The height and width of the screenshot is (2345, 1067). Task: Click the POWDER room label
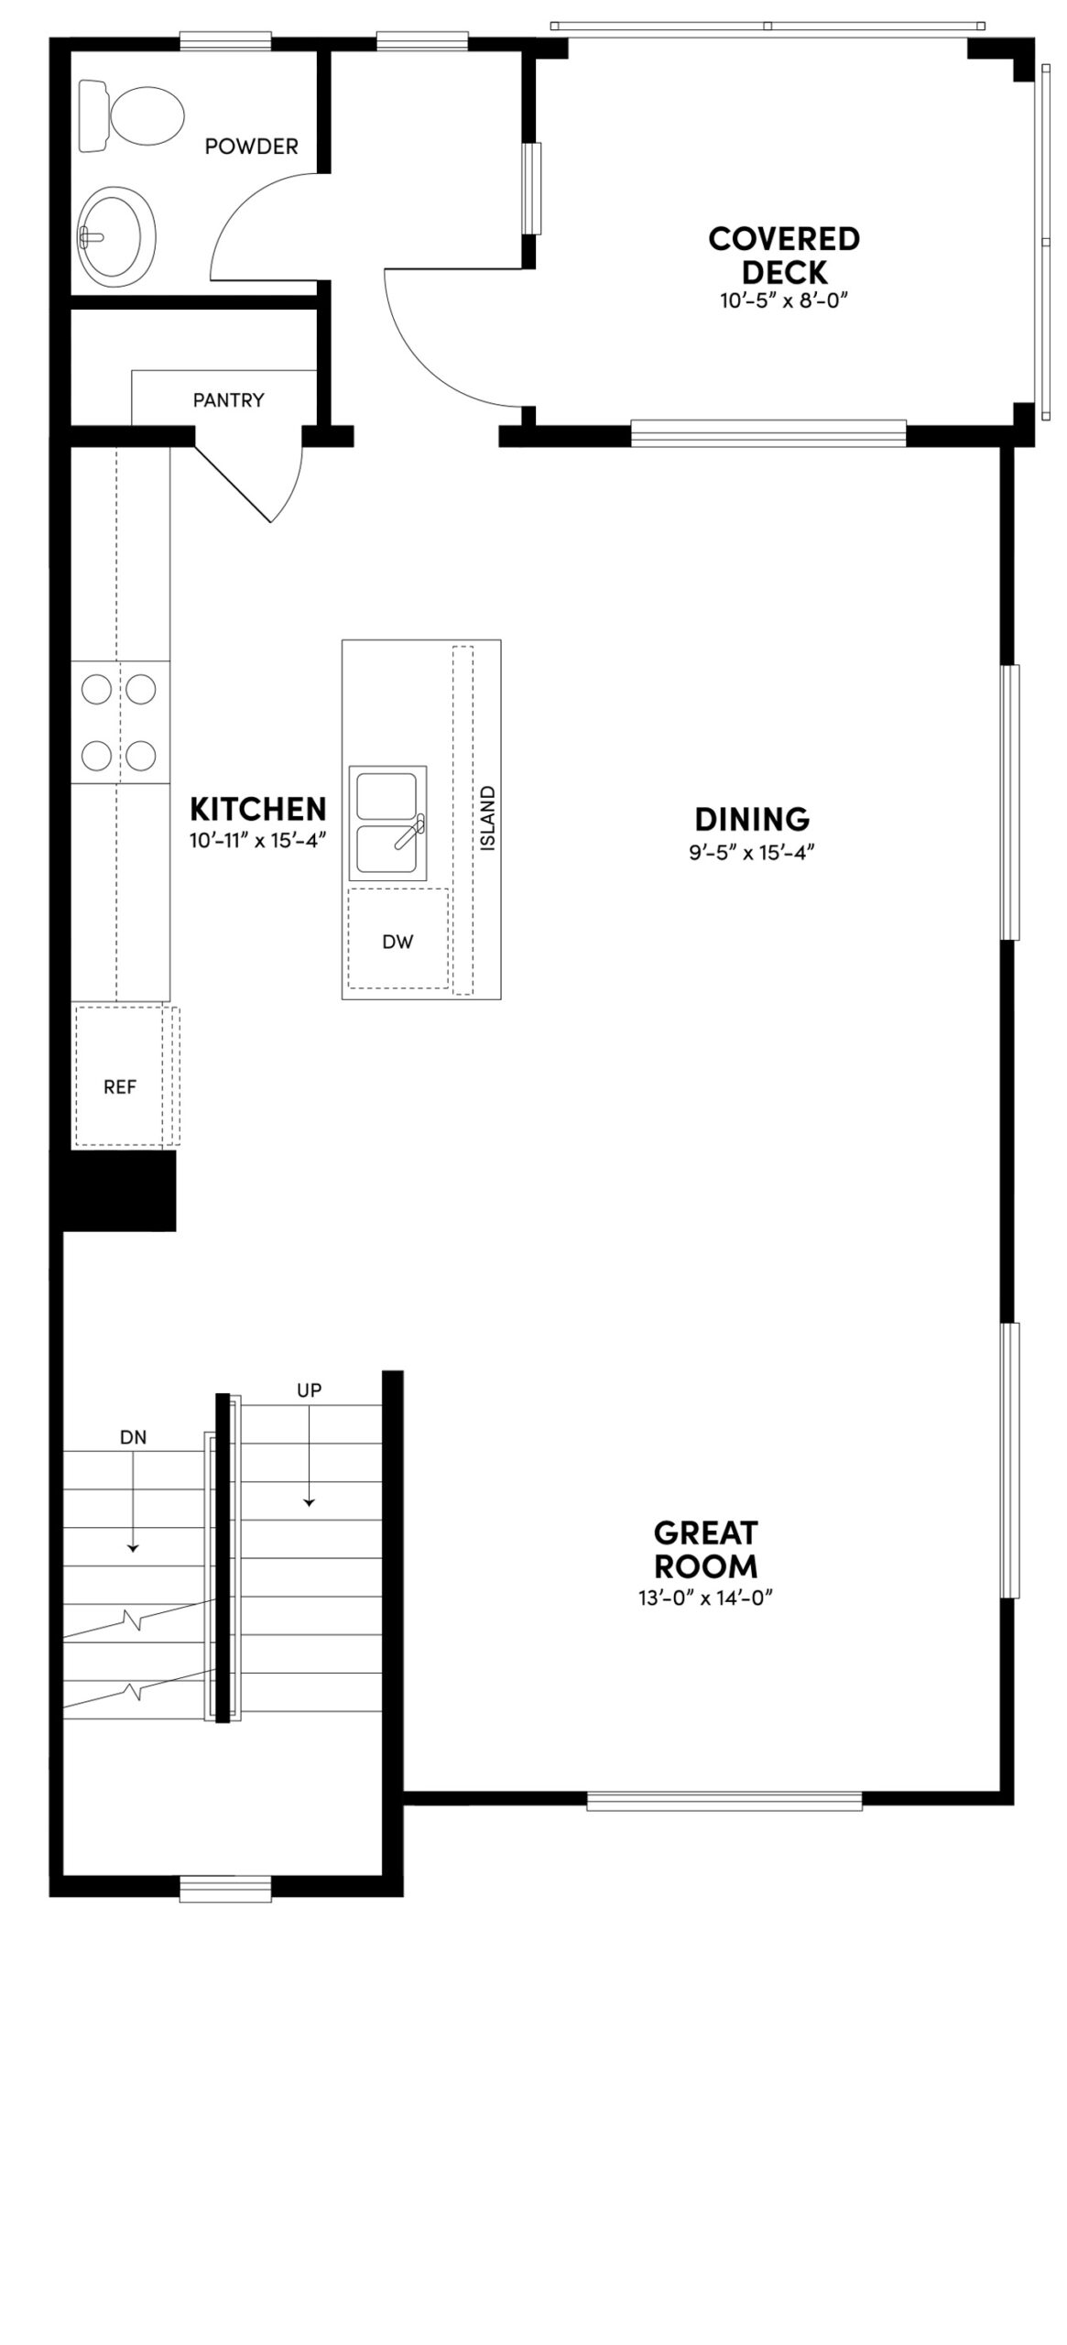[x=251, y=147]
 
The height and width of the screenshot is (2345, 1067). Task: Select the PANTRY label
[x=228, y=400]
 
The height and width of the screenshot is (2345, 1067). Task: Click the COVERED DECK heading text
[x=784, y=256]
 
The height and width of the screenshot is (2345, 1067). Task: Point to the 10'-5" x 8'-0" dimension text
[x=779, y=300]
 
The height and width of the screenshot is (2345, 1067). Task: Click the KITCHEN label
[x=257, y=809]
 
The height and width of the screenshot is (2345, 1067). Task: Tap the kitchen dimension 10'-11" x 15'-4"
[x=257, y=840]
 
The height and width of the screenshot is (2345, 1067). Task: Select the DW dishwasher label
[x=397, y=942]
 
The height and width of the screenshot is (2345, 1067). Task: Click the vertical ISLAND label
[x=487, y=818]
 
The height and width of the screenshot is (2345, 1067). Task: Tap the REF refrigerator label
[x=120, y=1086]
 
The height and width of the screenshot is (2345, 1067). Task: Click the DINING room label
[x=752, y=818]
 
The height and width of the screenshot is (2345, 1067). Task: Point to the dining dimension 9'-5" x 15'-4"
[x=752, y=852]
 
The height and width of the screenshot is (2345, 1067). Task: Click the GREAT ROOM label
[x=705, y=1548]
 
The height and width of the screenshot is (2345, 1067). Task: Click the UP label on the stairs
[x=310, y=1390]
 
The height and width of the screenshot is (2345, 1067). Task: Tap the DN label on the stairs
[x=133, y=1437]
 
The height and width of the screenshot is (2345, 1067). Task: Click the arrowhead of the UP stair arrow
[x=310, y=1501]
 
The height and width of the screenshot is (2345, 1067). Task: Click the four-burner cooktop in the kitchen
[x=120, y=722]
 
